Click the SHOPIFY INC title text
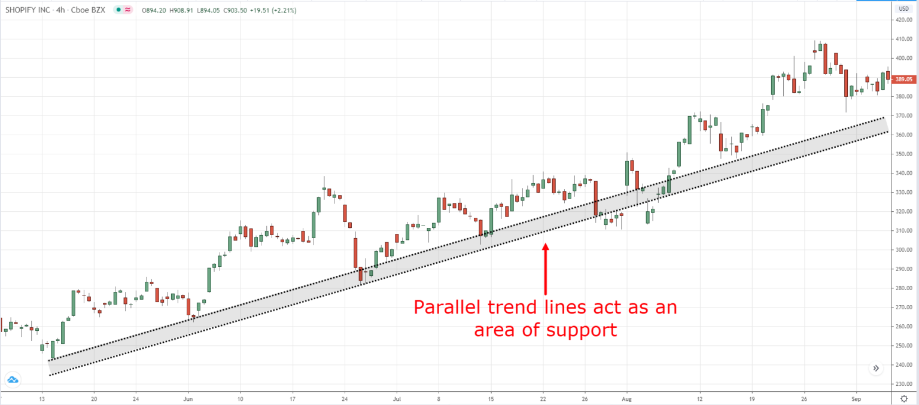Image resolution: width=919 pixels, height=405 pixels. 30,10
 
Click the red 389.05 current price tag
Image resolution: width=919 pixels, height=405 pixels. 903,79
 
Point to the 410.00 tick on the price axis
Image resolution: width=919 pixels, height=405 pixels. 903,39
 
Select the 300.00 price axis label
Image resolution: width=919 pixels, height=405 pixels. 903,249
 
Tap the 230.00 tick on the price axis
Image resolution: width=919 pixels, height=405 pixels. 903,384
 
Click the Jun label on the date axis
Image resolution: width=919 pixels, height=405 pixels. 188,398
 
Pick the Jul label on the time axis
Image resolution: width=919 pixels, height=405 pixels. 396,398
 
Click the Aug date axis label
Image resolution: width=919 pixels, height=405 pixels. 626,398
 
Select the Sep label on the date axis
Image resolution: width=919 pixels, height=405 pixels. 856,398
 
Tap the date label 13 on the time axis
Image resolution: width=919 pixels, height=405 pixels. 42,398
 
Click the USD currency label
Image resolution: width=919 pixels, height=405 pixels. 903,8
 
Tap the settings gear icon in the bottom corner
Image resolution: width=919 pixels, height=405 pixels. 903,398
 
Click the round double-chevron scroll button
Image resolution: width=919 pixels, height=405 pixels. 876,369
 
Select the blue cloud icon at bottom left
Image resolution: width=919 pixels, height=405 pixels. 13,380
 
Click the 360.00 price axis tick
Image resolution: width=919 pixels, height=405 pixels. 903,135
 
